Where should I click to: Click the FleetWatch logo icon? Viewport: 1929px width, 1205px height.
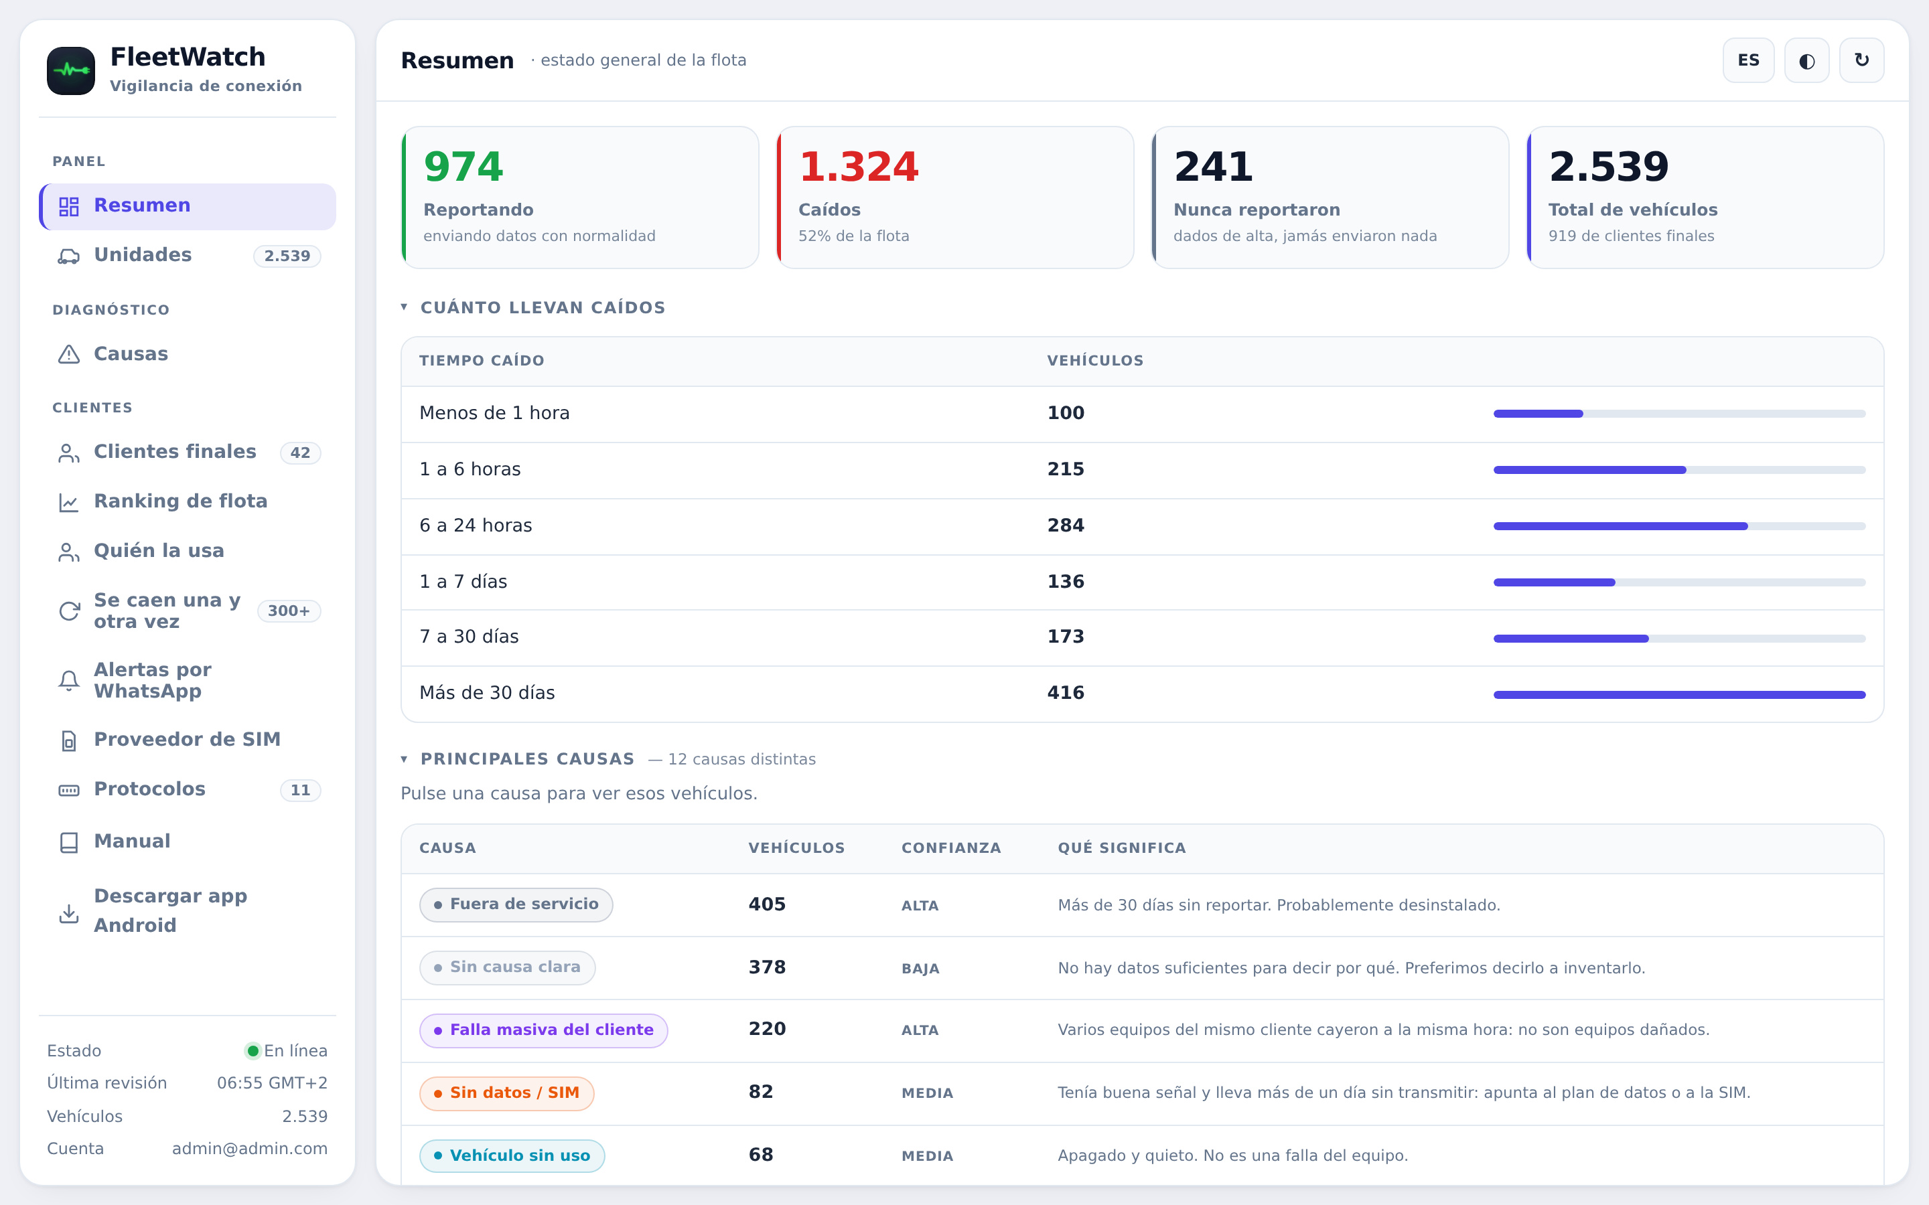point(71,70)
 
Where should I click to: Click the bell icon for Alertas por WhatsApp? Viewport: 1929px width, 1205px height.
point(70,681)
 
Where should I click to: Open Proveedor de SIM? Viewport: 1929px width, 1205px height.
point(188,740)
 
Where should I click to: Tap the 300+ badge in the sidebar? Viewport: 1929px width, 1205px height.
point(289,611)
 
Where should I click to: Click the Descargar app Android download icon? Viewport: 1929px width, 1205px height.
point(70,913)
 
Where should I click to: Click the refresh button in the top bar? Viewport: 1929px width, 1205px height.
point(1861,60)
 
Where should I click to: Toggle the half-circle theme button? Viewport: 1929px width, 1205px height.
point(1806,60)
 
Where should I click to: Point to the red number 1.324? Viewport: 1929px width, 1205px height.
point(859,167)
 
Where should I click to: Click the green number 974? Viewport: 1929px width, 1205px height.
point(463,167)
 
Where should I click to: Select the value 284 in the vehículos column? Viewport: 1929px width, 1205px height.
point(1066,526)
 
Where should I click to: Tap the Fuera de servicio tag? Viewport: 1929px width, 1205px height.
point(516,904)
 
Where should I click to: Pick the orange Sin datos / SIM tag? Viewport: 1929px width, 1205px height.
point(507,1093)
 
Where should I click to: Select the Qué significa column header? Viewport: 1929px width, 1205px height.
point(1121,848)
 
